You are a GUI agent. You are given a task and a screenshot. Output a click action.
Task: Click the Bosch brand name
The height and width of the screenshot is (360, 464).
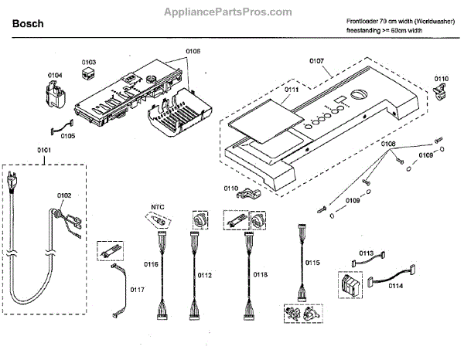click(27, 24)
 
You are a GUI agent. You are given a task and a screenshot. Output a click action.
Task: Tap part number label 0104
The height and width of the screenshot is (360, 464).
click(55, 76)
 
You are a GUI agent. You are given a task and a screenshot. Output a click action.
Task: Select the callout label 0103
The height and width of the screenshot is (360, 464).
click(89, 61)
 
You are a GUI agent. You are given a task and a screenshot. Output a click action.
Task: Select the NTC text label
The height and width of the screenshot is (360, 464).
click(157, 206)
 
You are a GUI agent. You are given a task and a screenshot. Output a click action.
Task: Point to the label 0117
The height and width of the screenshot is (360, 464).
click(136, 290)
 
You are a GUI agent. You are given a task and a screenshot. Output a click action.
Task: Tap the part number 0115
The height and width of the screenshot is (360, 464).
click(312, 263)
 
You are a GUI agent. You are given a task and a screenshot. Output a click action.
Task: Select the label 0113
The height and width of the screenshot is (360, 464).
click(367, 253)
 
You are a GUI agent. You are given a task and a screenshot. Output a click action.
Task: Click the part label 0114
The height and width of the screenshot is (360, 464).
click(395, 286)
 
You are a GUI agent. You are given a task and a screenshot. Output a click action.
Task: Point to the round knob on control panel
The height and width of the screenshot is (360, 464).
click(357, 95)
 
